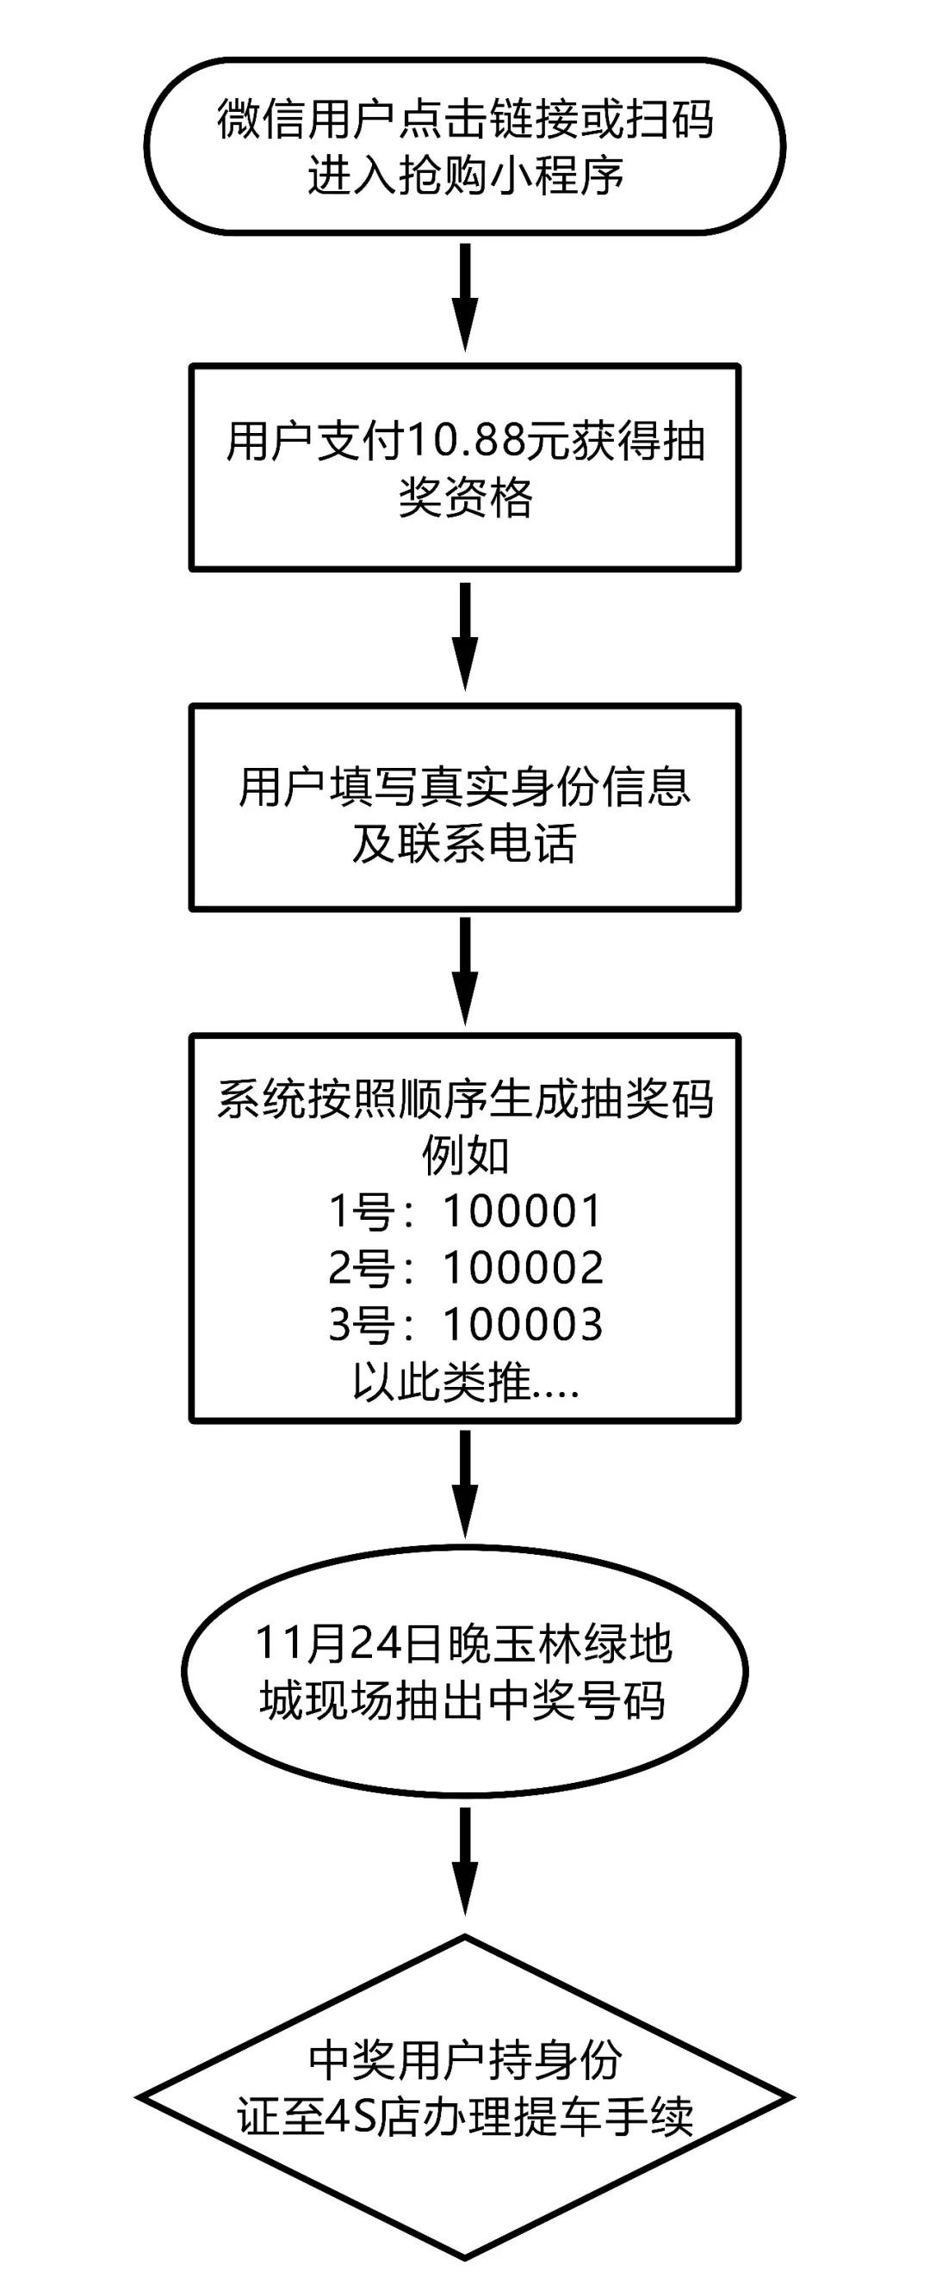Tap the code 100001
(x=523, y=1210)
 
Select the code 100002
(x=523, y=1267)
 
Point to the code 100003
(x=523, y=1325)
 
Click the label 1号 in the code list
(x=361, y=1210)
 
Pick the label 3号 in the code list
(x=361, y=1325)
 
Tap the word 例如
(x=465, y=1154)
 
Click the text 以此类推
(x=442, y=1382)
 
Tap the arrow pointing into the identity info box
(x=465, y=634)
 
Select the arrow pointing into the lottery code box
(x=465, y=970)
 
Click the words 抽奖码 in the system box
(x=646, y=1099)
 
